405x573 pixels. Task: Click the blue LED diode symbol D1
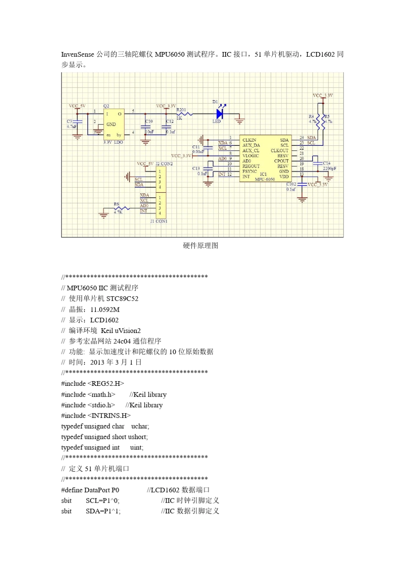coord(220,114)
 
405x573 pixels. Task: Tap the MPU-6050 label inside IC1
coord(265,179)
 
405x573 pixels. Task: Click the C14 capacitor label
coord(327,163)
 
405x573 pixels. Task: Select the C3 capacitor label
coord(69,122)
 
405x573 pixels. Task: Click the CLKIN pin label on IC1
coord(249,140)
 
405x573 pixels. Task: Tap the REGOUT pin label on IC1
coord(251,166)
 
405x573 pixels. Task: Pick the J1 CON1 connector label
coord(159,221)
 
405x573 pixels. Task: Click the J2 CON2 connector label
coord(164,164)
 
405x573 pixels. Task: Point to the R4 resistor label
coord(311,116)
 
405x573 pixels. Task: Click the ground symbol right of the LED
coord(240,121)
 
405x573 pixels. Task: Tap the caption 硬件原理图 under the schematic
coord(201,246)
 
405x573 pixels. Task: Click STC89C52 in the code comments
coord(122,298)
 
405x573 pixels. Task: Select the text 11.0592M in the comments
coord(105,310)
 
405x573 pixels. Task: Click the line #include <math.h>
coord(88,394)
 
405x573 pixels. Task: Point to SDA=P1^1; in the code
coord(103,511)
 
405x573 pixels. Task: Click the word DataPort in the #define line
coord(101,490)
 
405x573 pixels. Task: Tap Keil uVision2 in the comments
coord(121,330)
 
